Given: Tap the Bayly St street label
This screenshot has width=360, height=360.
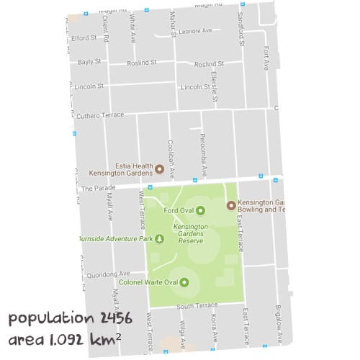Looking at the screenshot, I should (x=90, y=63).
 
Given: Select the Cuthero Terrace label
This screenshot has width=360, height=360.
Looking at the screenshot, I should (x=100, y=114).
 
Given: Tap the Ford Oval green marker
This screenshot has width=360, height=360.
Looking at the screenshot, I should (x=200, y=210).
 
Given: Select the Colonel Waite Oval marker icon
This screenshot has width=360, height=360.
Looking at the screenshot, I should (x=184, y=282).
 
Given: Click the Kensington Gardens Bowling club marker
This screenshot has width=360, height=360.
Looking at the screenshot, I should (x=231, y=205).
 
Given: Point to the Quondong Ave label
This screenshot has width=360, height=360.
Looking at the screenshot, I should (x=107, y=274).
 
